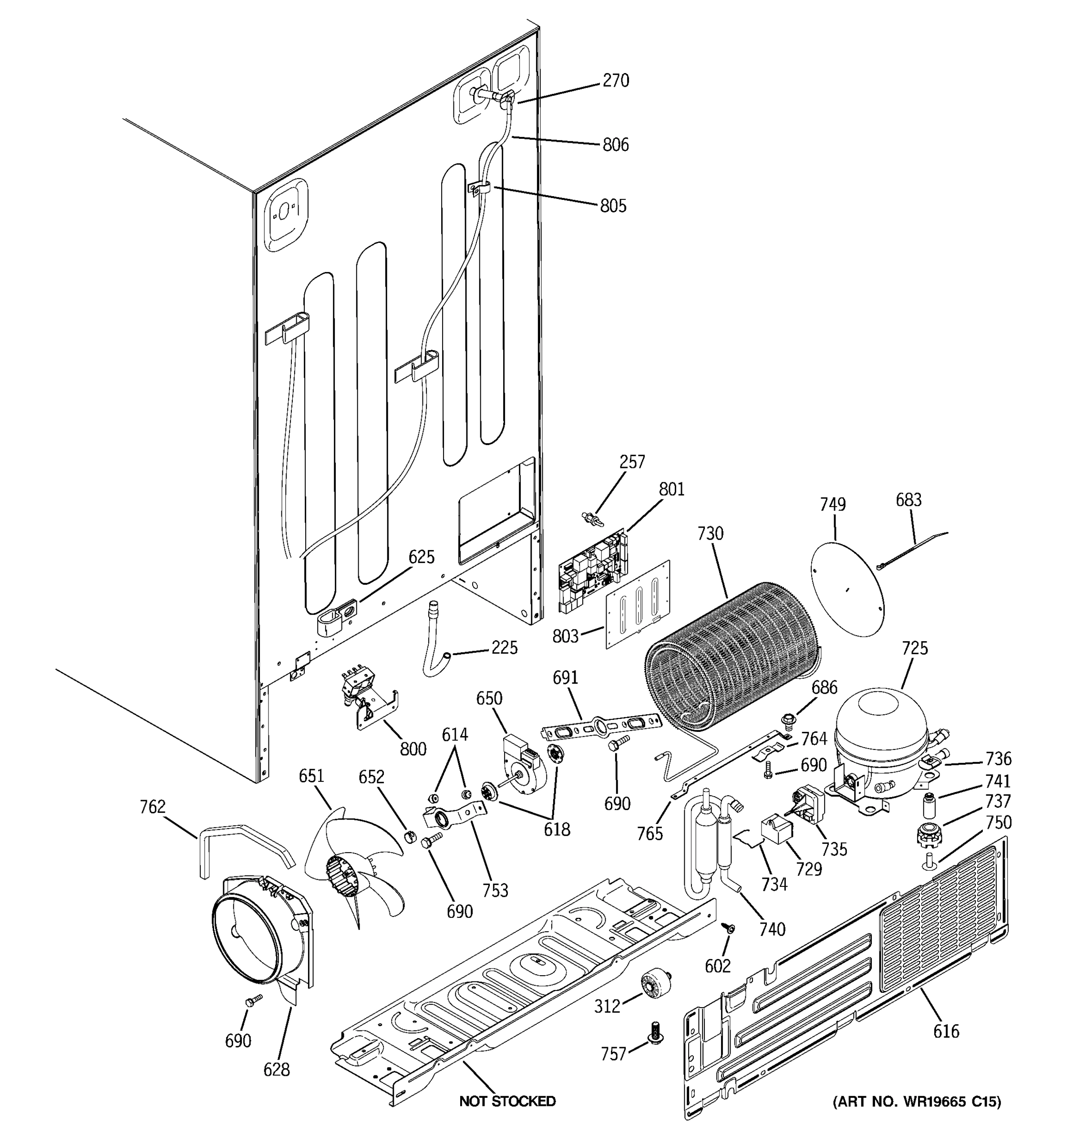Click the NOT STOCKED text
click(507, 1101)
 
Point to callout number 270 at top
click(615, 81)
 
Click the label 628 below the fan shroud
click(276, 1070)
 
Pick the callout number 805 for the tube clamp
click(612, 206)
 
